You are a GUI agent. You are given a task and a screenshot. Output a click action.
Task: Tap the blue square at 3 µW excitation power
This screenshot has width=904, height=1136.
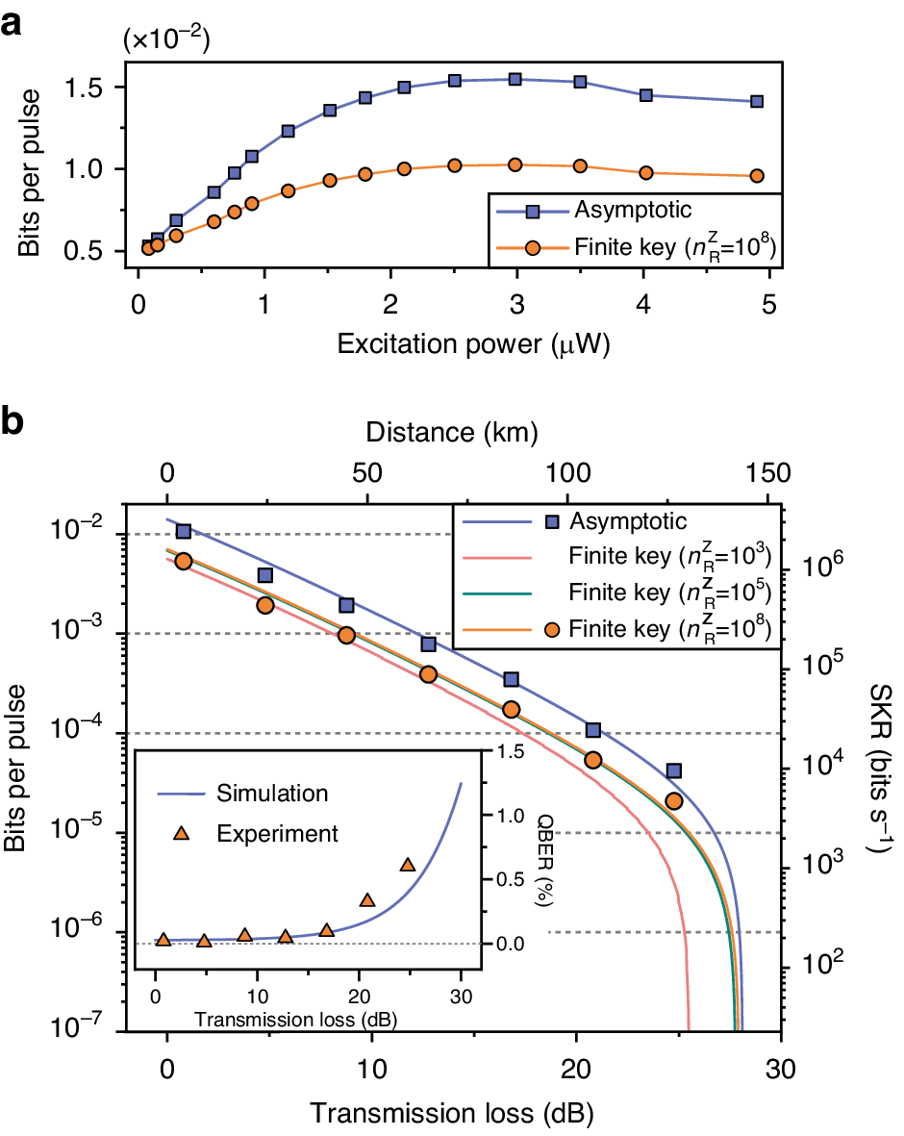(515, 79)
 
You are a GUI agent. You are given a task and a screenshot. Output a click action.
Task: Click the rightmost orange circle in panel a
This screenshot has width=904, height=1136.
(757, 176)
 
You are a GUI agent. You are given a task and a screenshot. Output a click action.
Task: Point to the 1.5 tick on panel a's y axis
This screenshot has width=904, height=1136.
(96, 87)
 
